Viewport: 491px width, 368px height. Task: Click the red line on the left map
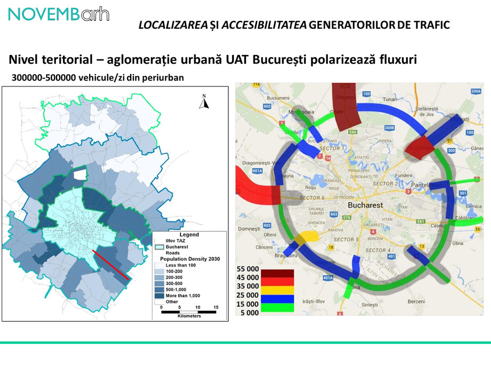(110, 265)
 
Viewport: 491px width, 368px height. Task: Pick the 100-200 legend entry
(174, 271)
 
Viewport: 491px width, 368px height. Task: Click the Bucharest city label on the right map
(366, 205)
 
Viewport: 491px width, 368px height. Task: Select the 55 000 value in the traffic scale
(248, 269)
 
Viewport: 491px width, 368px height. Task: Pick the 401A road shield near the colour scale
(328, 277)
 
